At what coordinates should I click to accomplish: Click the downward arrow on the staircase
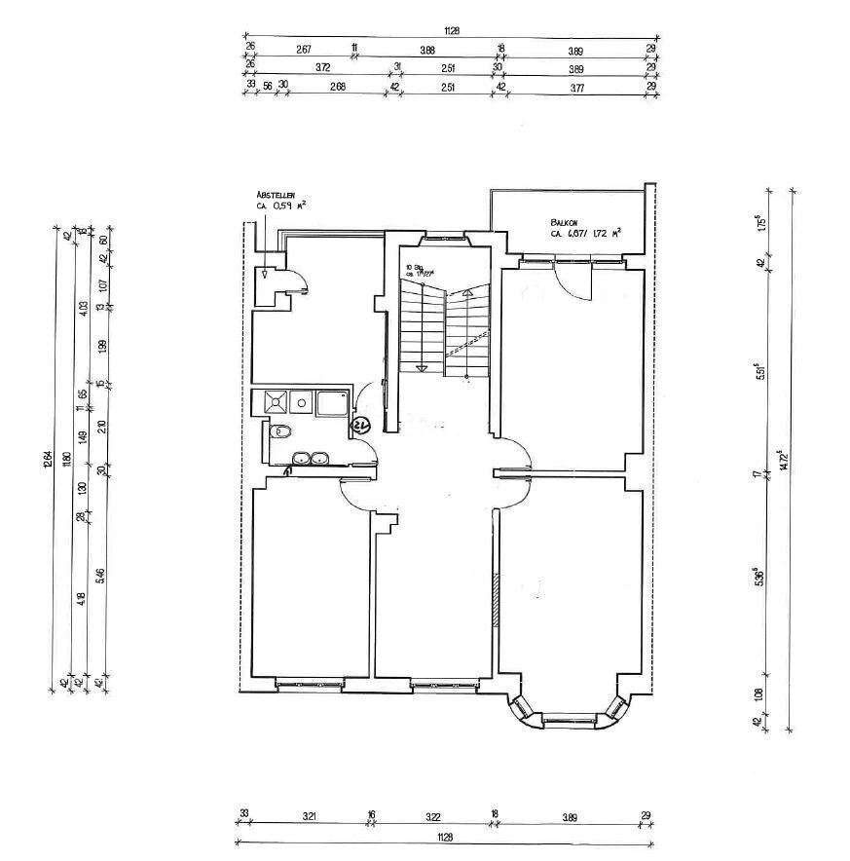point(422,368)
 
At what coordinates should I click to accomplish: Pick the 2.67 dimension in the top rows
point(303,49)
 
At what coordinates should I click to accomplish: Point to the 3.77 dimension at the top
point(576,88)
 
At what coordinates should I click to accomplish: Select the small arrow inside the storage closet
point(265,275)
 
